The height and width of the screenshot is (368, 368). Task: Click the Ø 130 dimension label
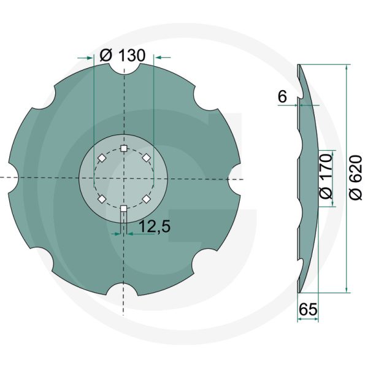pos(121,55)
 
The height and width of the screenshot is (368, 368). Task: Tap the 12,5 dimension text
pos(154,226)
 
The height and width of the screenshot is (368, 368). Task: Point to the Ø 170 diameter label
pos(326,176)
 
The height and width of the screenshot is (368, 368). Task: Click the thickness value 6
pos(282,97)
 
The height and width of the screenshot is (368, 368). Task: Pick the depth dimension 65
pos(309,310)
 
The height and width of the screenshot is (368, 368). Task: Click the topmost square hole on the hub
pos(124,148)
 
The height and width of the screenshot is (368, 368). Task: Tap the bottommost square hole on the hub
pos(124,209)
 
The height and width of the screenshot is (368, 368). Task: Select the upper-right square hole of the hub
pos(147,158)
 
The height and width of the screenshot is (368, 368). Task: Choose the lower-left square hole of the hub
pos(101,199)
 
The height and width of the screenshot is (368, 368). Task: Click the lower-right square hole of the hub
pos(147,199)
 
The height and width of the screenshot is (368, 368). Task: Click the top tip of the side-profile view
pos(299,64)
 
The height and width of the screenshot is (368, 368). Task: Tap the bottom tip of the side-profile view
pos(299,292)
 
